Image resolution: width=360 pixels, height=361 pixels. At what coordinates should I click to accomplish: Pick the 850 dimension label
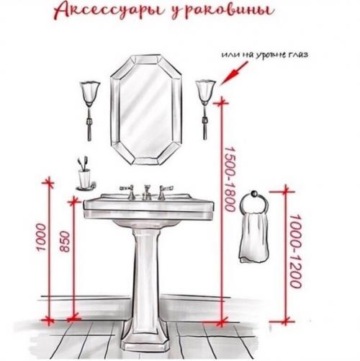click(65, 240)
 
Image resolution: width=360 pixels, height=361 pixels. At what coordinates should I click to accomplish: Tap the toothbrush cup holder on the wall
click(85, 174)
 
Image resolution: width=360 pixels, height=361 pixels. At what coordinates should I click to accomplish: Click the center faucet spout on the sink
click(147, 190)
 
